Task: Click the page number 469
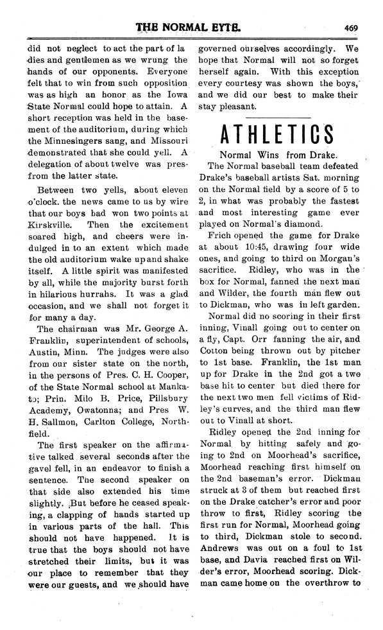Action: [x=350, y=27]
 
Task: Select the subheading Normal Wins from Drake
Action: [x=279, y=155]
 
